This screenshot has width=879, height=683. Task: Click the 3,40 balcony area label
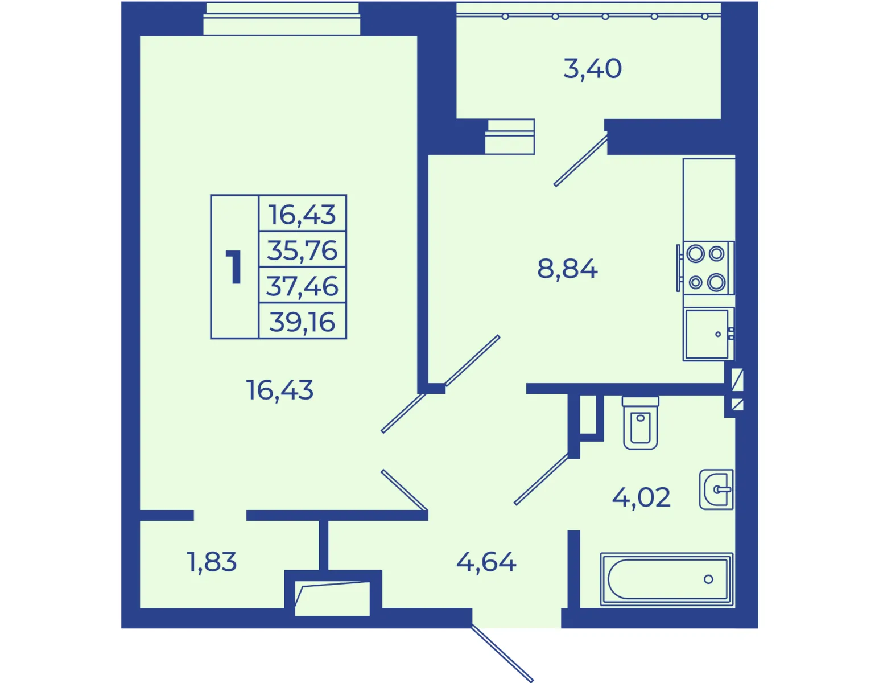tap(592, 69)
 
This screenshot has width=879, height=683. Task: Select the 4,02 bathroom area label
tap(641, 497)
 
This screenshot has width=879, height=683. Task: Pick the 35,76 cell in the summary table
tap(302, 250)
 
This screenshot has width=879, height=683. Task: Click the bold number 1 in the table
tap(234, 266)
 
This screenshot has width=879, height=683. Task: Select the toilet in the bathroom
tap(641, 423)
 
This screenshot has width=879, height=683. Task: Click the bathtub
tap(667, 579)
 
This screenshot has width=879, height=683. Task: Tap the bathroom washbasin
tap(716, 489)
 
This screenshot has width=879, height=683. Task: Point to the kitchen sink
tap(708, 334)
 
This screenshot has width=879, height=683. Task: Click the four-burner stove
tap(706, 268)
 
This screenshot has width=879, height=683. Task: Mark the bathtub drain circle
tap(708, 579)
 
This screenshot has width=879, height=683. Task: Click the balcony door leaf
tap(581, 161)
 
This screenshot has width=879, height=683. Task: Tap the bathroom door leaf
tap(541, 479)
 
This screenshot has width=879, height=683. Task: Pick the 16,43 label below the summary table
tap(279, 390)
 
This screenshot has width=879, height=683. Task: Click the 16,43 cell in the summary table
tap(302, 215)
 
